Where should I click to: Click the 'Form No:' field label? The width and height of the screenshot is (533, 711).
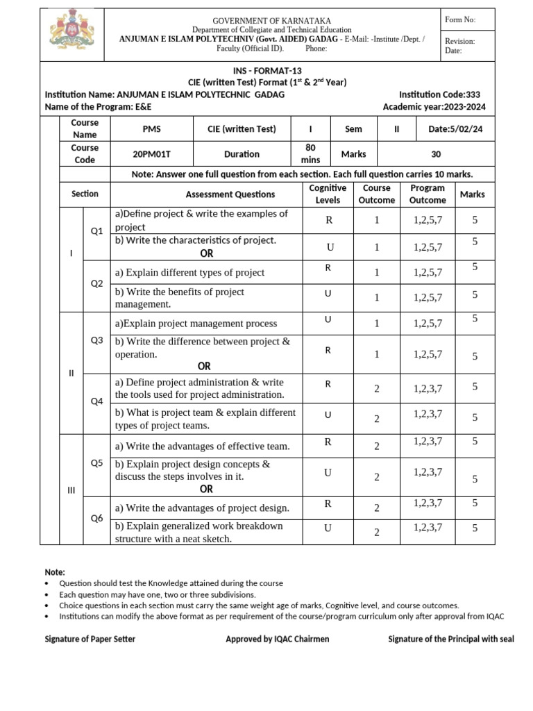(x=460, y=20)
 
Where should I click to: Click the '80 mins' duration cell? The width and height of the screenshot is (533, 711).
(x=310, y=153)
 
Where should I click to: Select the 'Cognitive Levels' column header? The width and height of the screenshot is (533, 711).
(x=328, y=194)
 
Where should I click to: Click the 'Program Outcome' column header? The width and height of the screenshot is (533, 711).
(x=428, y=194)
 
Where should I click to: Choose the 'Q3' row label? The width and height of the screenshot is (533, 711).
(x=96, y=340)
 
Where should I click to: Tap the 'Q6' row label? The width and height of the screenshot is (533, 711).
(x=96, y=518)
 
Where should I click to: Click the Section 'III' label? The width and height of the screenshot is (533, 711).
(x=71, y=490)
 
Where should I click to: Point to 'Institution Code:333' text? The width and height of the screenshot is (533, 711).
(x=439, y=94)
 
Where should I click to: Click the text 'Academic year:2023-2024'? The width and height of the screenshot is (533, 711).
(x=434, y=107)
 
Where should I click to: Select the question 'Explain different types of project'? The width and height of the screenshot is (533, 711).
(x=189, y=272)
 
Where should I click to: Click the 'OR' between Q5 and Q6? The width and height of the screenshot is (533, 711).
(x=206, y=489)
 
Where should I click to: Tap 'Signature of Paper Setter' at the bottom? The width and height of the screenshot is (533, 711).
(x=90, y=639)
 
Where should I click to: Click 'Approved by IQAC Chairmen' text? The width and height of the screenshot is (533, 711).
(x=277, y=639)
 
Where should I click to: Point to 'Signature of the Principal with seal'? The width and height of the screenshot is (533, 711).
(x=451, y=639)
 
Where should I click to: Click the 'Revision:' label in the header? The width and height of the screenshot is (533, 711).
(x=459, y=42)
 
